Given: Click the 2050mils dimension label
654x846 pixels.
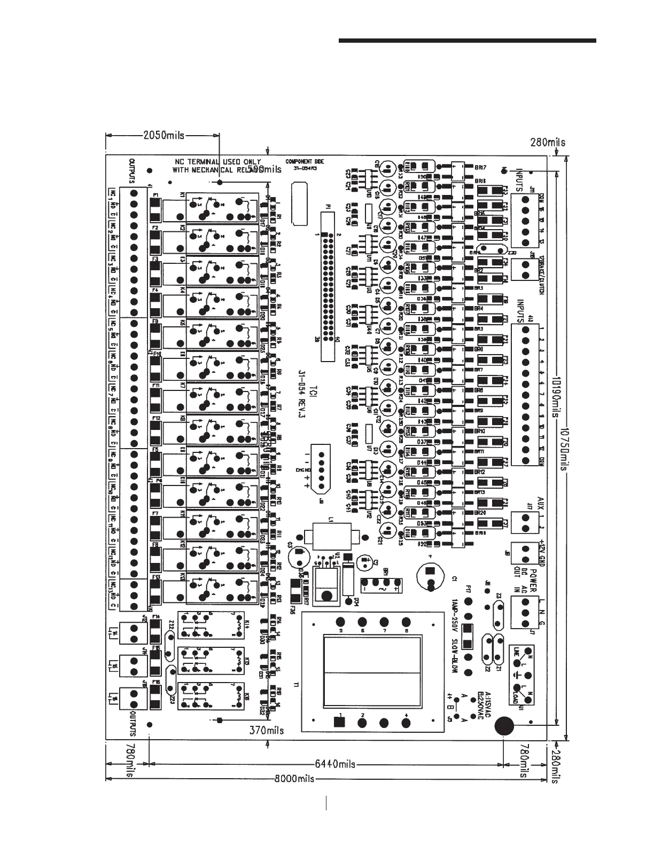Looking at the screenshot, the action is tap(163, 136).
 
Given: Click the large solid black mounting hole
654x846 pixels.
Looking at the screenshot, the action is tap(503, 725).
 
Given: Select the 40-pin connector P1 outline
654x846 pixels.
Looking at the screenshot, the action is tap(329, 286).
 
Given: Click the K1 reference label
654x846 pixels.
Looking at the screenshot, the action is tap(181, 197).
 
